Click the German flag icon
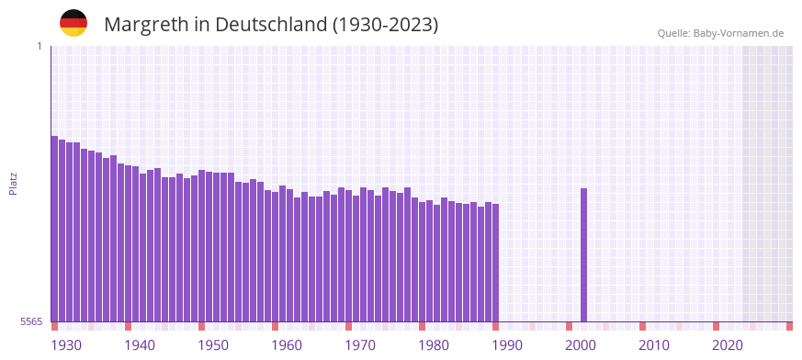73,23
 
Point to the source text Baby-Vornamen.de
739,33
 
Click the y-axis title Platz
13,183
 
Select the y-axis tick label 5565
30,321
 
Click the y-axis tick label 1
40,46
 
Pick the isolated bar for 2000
583,254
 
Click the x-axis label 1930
66,345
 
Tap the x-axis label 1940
140,345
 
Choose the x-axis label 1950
213,345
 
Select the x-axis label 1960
287,345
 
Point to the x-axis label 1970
360,345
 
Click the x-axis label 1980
434,345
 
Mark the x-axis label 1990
507,345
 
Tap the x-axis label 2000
581,345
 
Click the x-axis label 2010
654,345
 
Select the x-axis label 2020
728,345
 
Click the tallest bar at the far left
54,229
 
